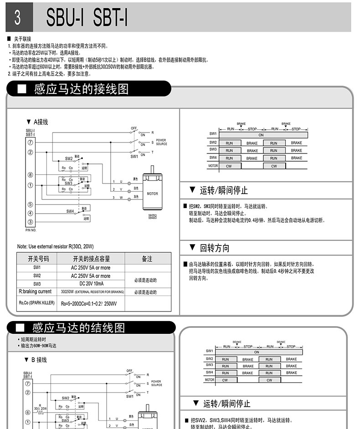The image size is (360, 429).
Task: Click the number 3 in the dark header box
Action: (x=18, y=17)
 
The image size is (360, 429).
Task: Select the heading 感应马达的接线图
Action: (x=81, y=89)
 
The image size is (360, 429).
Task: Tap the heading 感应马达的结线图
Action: (x=78, y=328)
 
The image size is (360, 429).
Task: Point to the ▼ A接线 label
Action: (x=37, y=122)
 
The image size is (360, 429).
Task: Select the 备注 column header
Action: (x=147, y=259)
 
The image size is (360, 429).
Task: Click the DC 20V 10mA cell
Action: (x=90, y=284)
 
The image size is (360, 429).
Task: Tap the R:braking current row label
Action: (x=35, y=292)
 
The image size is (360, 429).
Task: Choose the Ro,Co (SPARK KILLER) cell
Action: (x=37, y=303)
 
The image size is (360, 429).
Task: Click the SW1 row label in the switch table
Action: (x=37, y=268)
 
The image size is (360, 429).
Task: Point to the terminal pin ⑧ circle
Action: (x=30, y=175)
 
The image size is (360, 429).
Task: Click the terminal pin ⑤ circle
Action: (x=30, y=204)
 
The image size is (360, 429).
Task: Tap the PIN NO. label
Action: (x=31, y=230)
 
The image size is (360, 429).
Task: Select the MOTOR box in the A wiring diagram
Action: (x=152, y=194)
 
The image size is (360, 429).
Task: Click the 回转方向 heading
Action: (x=214, y=248)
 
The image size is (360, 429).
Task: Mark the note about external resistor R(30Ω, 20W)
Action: (x=55, y=246)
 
